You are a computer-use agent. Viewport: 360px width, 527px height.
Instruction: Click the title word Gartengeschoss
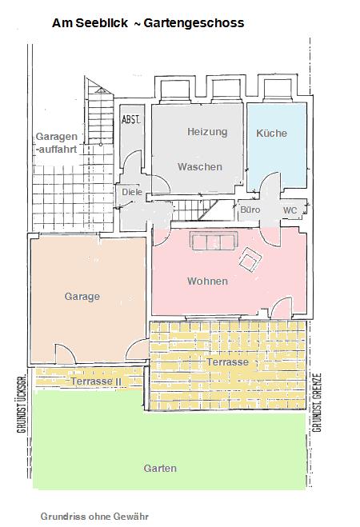194,23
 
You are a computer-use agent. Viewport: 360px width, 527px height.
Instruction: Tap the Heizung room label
207,132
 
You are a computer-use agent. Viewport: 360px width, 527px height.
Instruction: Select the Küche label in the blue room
271,133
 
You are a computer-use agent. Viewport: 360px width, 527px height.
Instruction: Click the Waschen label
200,166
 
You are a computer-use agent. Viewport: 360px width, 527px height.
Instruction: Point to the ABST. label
131,120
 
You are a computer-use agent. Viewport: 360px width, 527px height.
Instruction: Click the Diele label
132,192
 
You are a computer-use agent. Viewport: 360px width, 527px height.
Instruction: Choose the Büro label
250,210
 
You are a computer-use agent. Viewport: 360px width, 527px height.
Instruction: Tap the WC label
290,210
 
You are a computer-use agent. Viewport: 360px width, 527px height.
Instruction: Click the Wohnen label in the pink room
207,281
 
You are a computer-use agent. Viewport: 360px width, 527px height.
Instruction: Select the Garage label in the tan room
82,297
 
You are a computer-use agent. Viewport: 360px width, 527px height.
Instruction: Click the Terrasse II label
96,381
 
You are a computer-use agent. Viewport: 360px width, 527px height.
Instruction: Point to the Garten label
160,468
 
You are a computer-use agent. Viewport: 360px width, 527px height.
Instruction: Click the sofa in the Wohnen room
214,241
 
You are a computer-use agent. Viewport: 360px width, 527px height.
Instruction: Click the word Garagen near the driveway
57,137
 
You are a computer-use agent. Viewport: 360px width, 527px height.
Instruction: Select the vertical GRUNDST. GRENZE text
317,402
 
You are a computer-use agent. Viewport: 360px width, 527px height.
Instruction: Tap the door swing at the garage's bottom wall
65,353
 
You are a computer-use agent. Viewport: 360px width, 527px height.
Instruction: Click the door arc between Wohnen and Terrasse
282,308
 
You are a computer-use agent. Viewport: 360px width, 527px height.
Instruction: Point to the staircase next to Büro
196,210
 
